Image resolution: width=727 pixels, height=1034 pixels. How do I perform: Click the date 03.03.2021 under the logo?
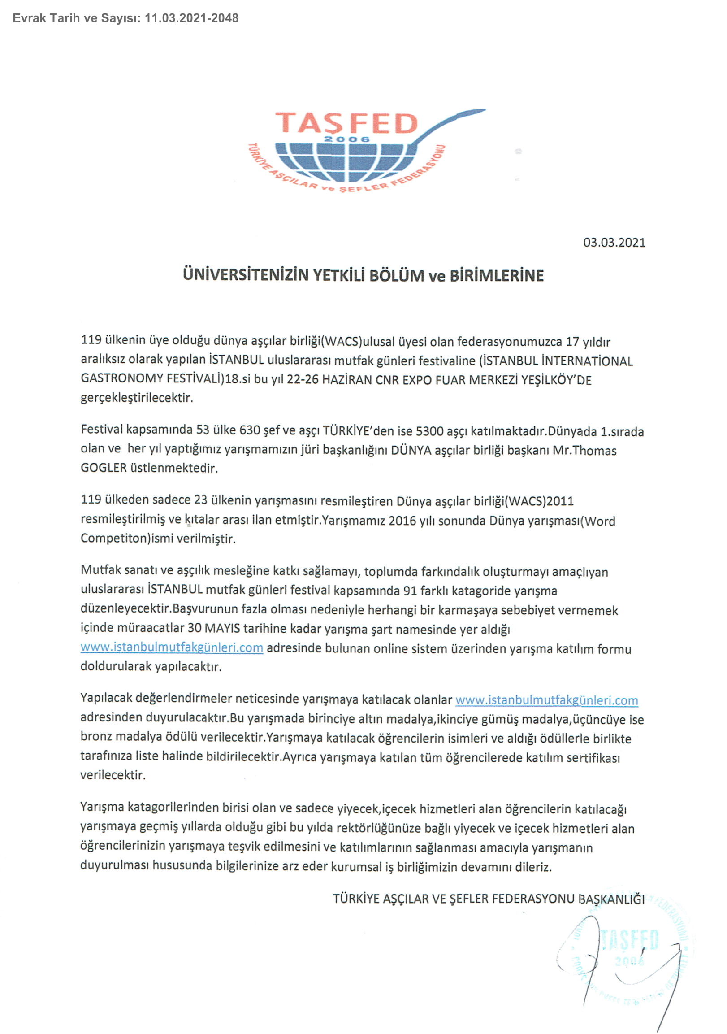pos(614,243)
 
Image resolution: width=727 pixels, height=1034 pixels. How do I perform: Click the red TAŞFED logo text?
pos(346,123)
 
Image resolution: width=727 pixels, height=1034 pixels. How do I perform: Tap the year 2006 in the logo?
pos(346,139)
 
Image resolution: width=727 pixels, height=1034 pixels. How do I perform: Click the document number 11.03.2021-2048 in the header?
pos(192,18)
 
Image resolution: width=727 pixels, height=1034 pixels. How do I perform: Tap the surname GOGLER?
pos(104,468)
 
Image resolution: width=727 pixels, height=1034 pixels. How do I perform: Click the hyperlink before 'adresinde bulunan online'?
pos(172,647)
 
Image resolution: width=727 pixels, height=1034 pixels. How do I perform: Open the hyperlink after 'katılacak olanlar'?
pos(546,700)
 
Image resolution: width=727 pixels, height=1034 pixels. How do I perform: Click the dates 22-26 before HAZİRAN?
pos(303,380)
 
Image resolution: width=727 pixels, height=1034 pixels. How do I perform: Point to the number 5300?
pos(429,431)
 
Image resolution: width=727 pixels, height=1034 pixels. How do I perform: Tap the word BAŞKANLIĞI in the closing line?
pos(611,899)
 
